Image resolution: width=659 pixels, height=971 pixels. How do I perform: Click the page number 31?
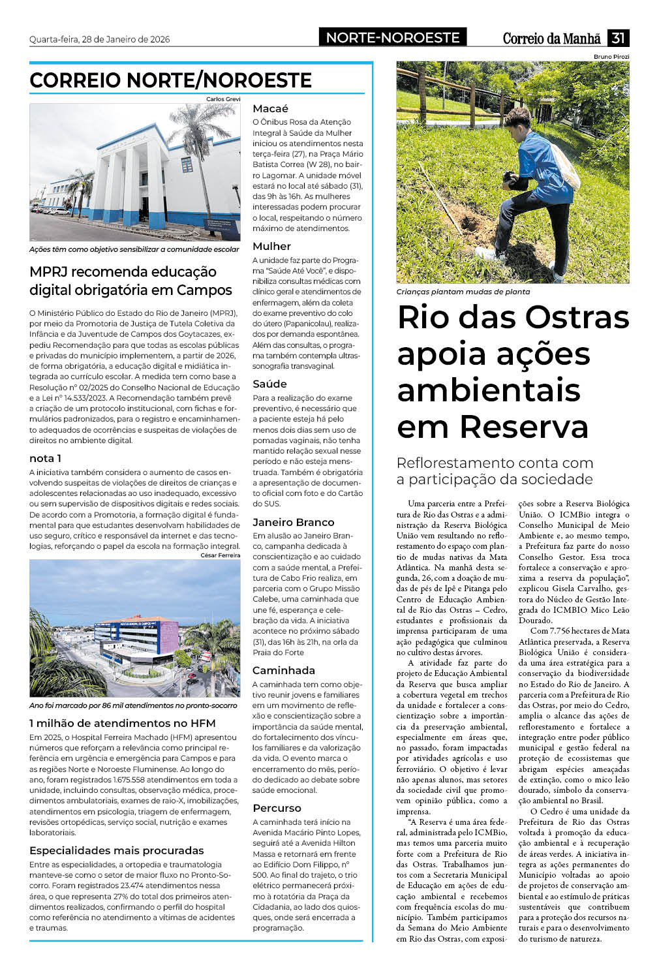pos(618,38)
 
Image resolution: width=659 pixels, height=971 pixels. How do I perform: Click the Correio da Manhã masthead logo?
pos(551,39)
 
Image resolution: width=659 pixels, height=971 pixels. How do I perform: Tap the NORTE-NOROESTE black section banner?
pos(393,37)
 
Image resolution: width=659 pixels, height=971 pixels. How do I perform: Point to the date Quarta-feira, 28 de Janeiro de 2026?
pos(99,39)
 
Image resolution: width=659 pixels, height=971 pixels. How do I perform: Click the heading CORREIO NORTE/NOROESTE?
pos(170,80)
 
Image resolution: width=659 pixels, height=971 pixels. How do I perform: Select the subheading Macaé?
pos(270,108)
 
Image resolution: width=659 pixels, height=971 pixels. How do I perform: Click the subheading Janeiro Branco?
pos(293,522)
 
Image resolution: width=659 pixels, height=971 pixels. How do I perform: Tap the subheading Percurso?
pos(277,808)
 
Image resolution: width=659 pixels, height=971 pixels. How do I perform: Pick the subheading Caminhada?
pos(283,670)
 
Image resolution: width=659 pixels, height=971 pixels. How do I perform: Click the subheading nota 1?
pos(45,458)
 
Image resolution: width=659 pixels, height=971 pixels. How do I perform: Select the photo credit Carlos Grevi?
pos(223,99)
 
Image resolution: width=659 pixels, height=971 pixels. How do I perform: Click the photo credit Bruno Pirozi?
pos(611,57)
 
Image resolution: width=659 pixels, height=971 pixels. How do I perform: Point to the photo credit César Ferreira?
pos(221,555)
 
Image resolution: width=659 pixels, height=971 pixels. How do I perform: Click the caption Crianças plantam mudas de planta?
pos(463,292)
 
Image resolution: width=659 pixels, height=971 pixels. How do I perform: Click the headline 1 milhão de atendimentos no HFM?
pos(122,723)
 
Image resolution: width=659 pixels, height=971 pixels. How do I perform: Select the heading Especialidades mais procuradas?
pos(116,850)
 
